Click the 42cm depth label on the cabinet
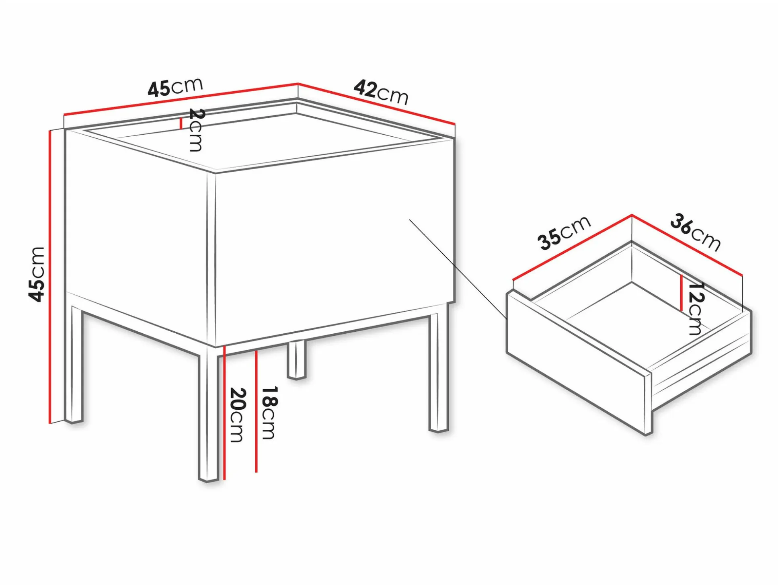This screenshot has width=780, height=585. (381, 92)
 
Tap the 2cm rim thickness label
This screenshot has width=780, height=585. (196, 130)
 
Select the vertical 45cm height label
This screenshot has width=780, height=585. (37, 275)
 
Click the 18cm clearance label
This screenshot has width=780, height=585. (269, 413)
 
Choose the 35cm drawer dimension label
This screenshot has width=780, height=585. (564, 233)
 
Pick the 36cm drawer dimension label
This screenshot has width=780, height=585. (695, 232)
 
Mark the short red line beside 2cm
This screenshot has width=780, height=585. (181, 123)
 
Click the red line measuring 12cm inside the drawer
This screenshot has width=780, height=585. (681, 293)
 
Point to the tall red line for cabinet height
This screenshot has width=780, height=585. (50, 277)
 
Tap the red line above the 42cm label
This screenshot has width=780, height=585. (377, 103)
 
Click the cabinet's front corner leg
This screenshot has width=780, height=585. (209, 416)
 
